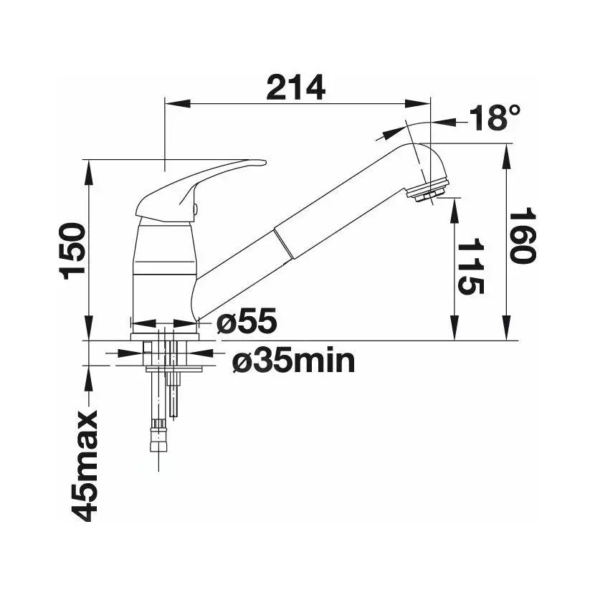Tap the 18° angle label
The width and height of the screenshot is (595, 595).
click(x=495, y=118)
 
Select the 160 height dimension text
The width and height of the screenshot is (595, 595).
click(x=522, y=237)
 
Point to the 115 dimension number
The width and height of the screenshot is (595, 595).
click(x=470, y=267)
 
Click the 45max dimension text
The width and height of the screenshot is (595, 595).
click(x=85, y=465)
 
